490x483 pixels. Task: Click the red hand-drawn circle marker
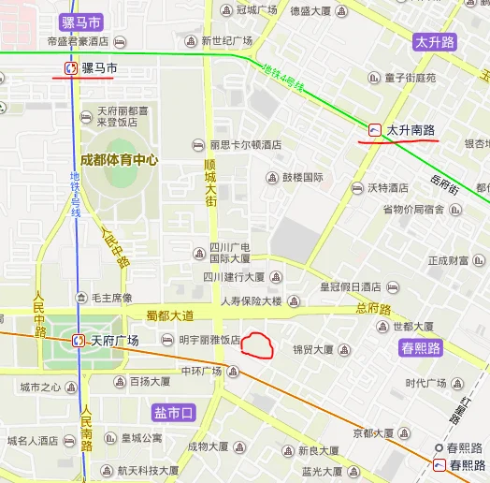pos(257,346)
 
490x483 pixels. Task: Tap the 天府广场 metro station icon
pos(79,341)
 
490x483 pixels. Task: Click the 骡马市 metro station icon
pos(70,68)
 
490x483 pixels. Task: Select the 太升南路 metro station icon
pos(375,130)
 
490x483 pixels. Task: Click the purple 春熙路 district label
pos(420,348)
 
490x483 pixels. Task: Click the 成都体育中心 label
pos(118,160)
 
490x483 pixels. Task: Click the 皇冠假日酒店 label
pos(351,286)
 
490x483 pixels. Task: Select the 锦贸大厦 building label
pos(312,349)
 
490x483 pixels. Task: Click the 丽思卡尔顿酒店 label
pos(245,145)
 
